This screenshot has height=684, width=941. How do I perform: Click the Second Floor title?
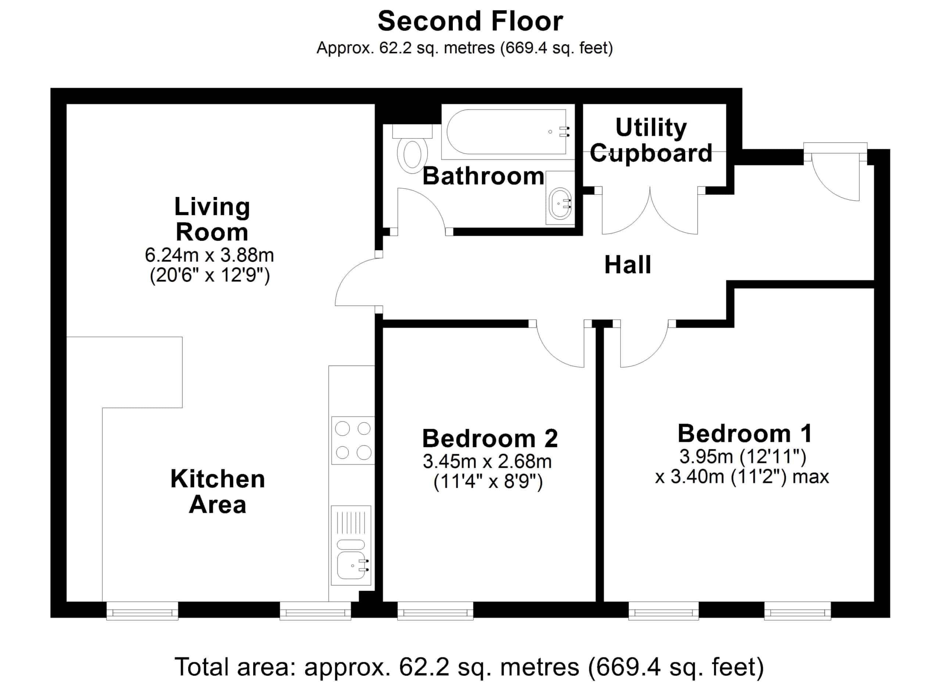click(470, 21)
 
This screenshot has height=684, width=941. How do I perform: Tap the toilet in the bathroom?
click(412, 149)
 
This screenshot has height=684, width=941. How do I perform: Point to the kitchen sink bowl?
click(351, 565)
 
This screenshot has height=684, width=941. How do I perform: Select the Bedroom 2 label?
click(490, 439)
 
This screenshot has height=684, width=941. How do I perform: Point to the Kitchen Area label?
click(217, 492)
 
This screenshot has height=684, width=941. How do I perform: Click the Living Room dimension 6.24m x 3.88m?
click(209, 255)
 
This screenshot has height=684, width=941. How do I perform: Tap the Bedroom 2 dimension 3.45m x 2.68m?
click(487, 461)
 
